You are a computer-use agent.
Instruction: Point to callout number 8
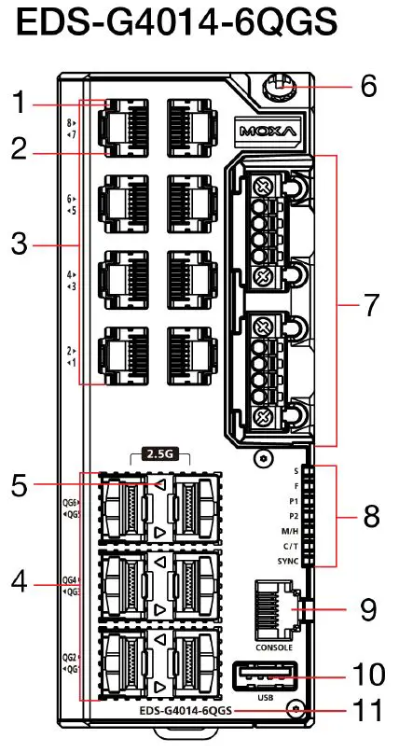tap(370, 516)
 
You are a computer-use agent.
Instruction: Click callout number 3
tap(20, 246)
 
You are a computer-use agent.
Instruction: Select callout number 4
tap(20, 584)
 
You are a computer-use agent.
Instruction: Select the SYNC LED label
tap(287, 562)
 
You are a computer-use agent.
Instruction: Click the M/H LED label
tap(288, 531)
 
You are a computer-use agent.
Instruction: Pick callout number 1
tap(20, 103)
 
